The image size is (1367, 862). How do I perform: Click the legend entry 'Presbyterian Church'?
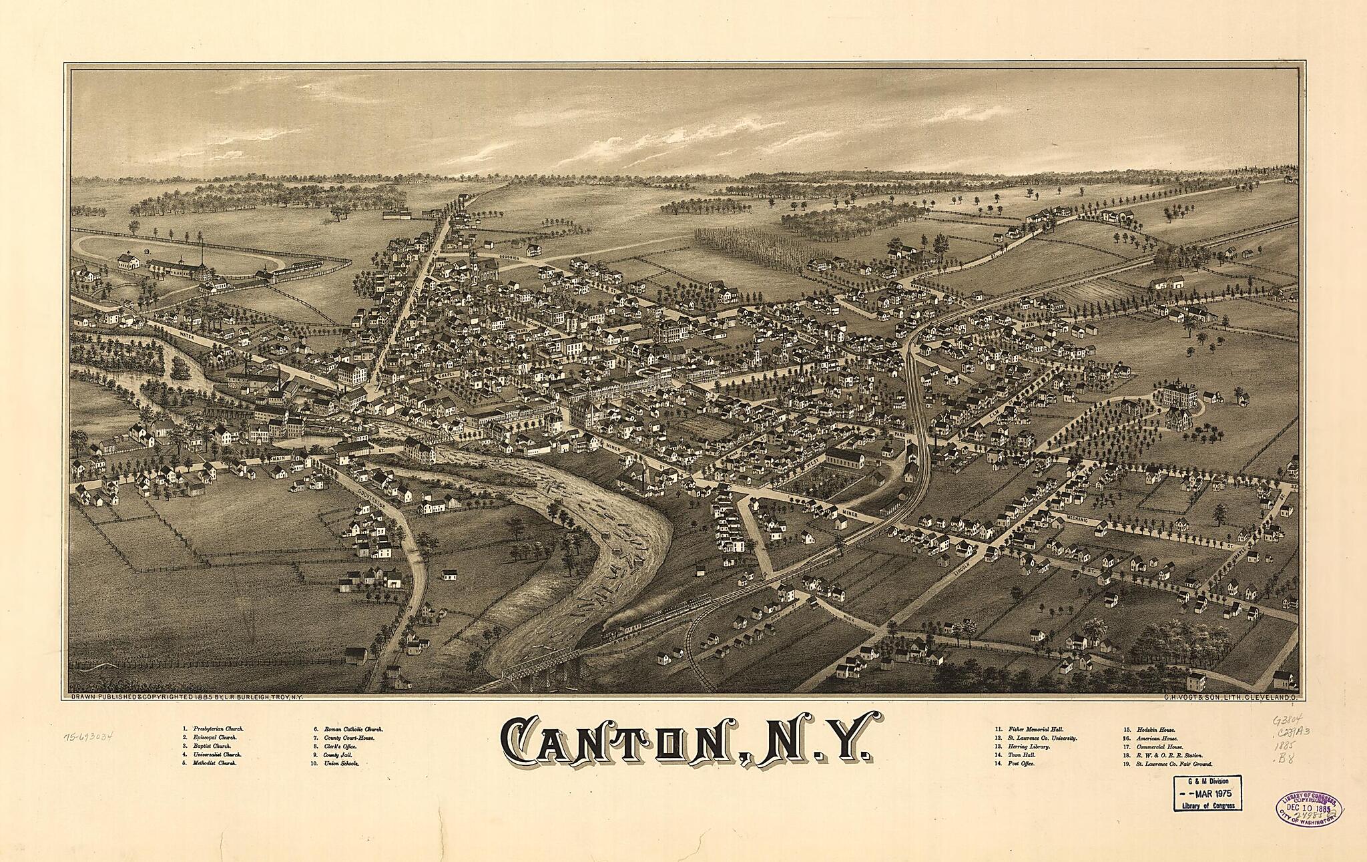[218, 728]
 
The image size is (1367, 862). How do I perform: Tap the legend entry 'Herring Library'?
[1029, 746]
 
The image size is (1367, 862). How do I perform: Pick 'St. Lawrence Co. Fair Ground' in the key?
[1175, 763]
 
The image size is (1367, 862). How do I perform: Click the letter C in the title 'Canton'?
[523, 742]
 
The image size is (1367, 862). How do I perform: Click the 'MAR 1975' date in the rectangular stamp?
[1208, 794]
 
